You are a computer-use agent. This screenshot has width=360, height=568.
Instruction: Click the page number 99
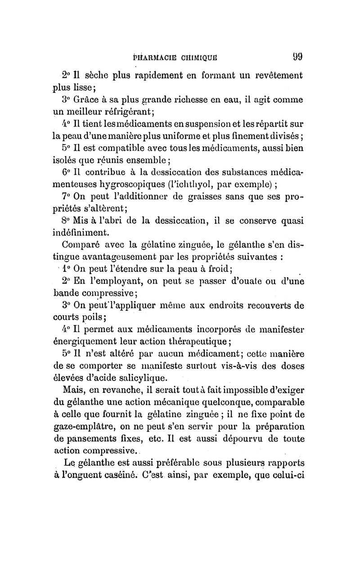coord(296,57)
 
